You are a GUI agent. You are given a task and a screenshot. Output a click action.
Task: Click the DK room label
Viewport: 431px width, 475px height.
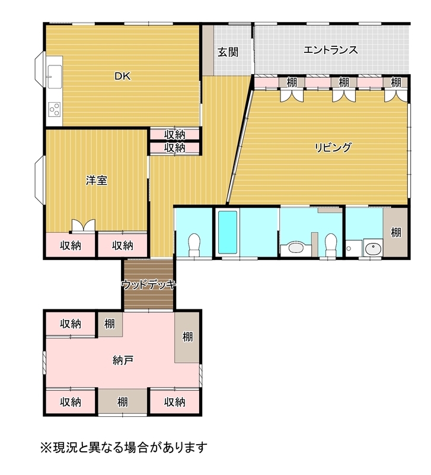point(123,76)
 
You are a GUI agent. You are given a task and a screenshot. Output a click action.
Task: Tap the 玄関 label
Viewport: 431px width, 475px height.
point(228,52)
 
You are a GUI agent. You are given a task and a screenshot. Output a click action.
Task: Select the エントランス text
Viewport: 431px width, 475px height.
point(331,50)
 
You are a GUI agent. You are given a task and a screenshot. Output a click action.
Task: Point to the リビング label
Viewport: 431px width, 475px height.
point(333,147)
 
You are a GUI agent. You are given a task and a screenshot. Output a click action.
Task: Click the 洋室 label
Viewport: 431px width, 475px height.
point(97,180)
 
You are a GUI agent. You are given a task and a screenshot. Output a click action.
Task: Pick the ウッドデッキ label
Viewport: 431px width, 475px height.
point(148,284)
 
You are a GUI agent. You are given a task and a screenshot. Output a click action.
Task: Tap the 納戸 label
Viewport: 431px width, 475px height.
point(123,360)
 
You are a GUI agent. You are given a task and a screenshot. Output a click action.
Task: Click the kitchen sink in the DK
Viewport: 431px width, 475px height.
point(55,77)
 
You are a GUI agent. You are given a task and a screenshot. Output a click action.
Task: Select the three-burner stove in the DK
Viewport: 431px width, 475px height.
point(55,109)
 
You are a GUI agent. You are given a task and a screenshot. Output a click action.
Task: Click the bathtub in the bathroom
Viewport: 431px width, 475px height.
point(228,232)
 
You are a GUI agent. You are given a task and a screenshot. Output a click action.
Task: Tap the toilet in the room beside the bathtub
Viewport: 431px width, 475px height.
point(194,245)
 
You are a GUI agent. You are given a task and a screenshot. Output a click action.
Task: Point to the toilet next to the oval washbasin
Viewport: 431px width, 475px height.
point(331,245)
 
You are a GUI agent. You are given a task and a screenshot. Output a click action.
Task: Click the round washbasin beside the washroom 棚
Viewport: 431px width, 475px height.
point(373,249)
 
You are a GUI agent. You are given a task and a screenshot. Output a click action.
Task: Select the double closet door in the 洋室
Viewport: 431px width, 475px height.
point(84,226)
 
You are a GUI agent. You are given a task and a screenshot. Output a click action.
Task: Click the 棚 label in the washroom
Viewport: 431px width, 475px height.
point(396,232)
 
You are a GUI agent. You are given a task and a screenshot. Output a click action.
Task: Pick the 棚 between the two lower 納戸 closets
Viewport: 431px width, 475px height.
point(123,402)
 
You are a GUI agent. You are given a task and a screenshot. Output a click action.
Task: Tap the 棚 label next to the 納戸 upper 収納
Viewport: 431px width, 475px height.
point(110,324)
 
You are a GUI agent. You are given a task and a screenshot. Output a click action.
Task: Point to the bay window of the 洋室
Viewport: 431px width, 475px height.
point(40,179)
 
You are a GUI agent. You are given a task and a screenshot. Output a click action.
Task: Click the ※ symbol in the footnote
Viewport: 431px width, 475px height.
point(46,447)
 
